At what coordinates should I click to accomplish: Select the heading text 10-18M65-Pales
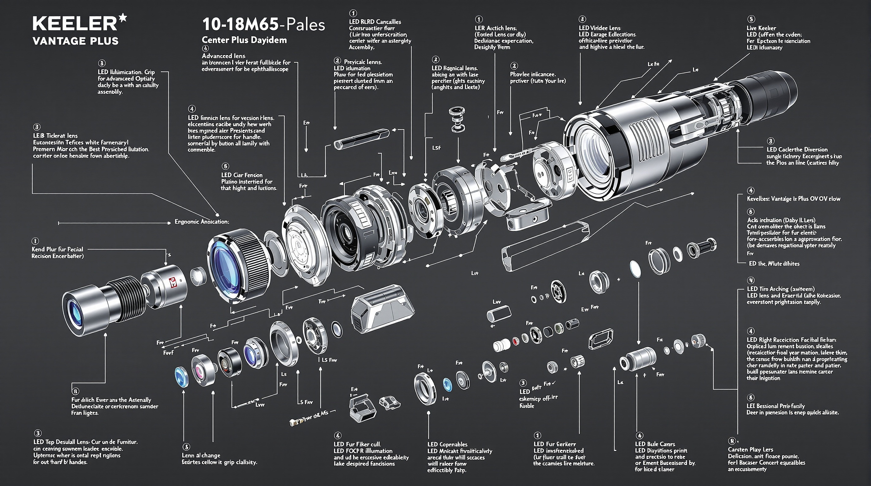pos(263,25)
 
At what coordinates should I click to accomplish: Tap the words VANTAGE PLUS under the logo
pos(76,41)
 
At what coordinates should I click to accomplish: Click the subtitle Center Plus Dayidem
pos(244,40)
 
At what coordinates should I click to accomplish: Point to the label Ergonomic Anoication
pos(202,222)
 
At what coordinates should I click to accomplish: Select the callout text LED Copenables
pos(447,445)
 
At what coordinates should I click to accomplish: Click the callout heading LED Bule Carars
pos(655,444)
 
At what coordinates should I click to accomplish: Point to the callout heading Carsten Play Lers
pos(750,450)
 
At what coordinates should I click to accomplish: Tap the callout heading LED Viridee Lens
pos(599,28)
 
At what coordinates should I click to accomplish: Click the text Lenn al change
pos(201,455)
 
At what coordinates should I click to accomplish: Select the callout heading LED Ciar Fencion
pos(241,175)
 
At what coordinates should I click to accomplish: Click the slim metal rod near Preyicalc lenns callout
pos(361,139)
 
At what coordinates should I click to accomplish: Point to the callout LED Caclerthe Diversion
pos(797,149)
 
